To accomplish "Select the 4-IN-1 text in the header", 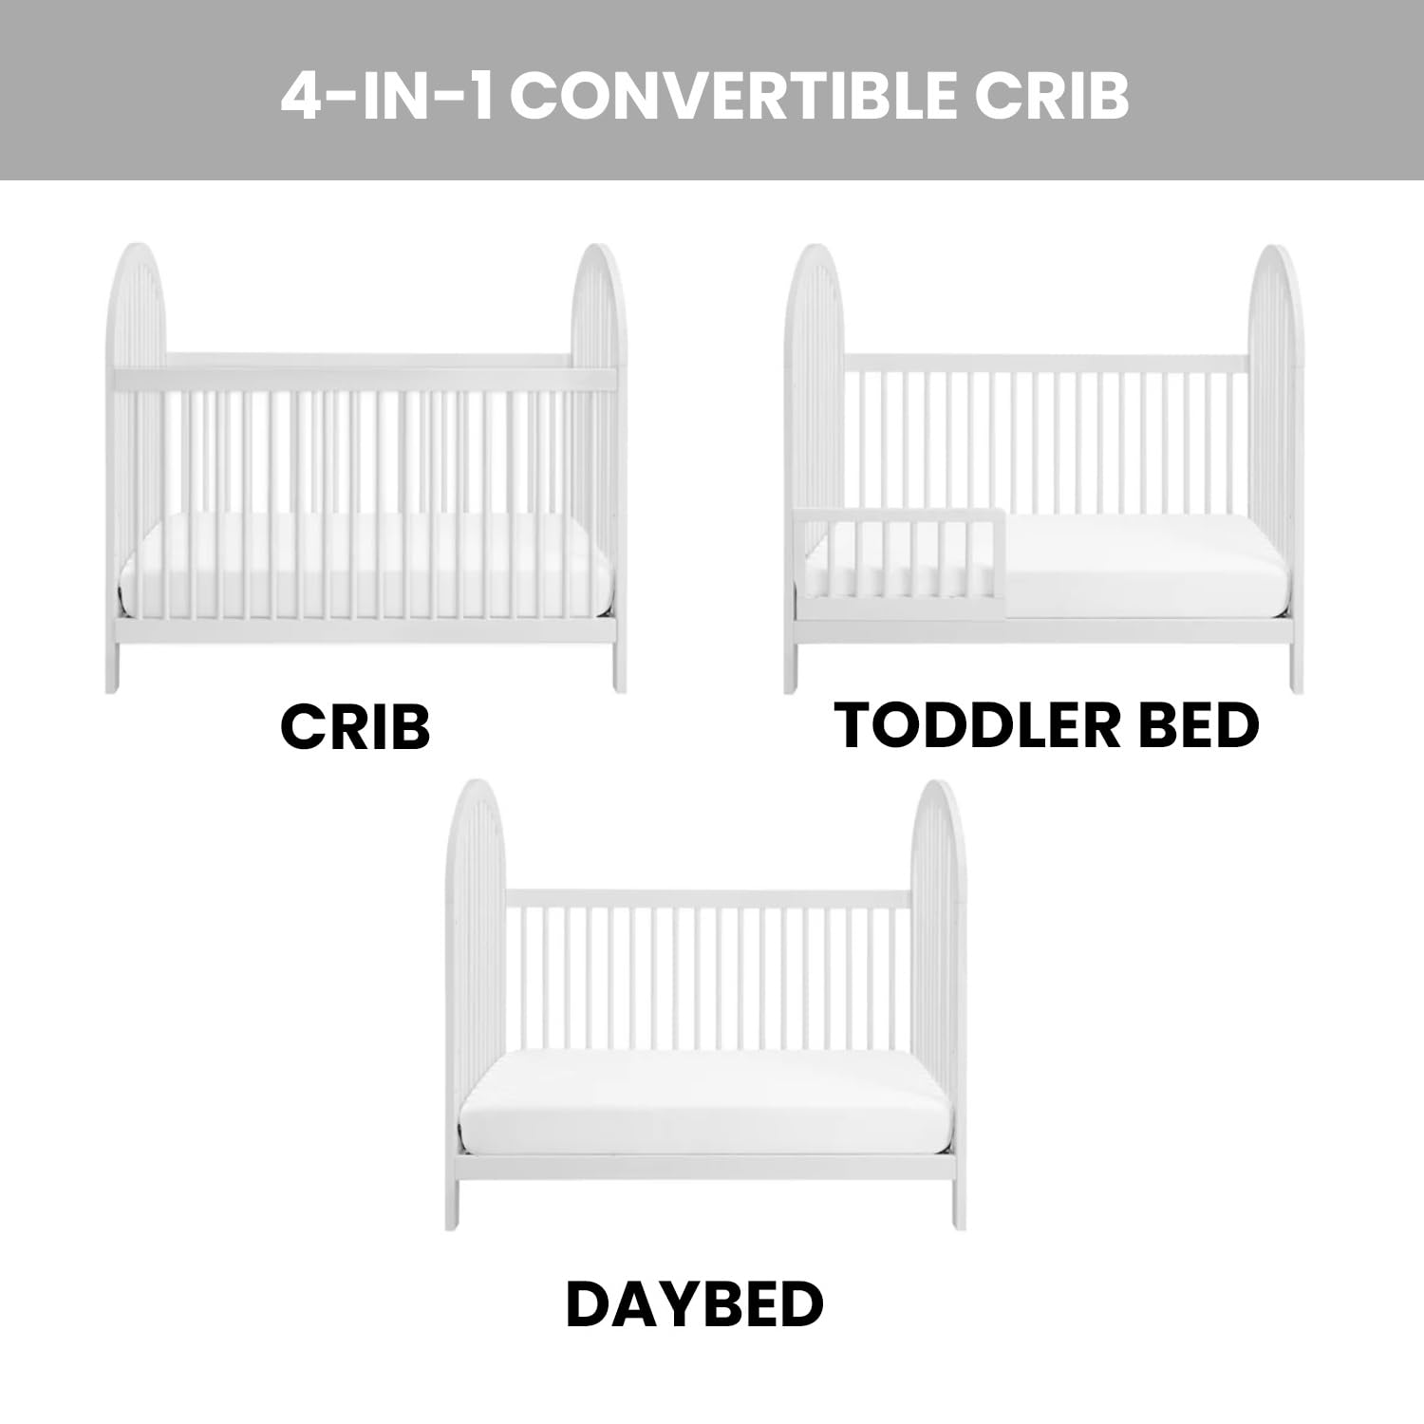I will pos(387,96).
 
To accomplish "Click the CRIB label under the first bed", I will pos(355,727).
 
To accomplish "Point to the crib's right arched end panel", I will pos(596,380).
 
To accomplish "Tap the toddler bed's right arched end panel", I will pos(1274,380).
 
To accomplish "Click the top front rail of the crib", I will pos(365,379).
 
